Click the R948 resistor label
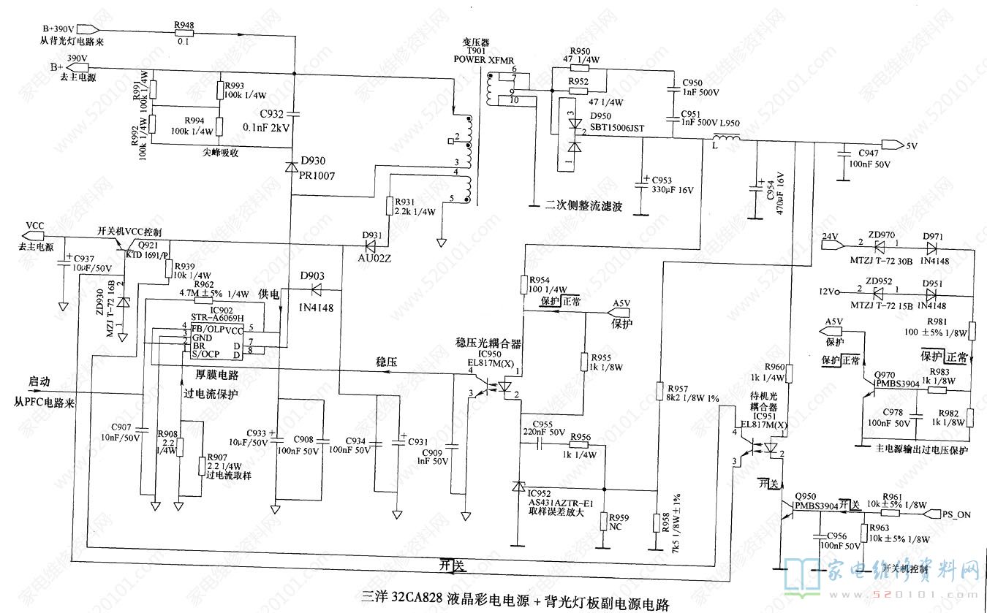[184, 26]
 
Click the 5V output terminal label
[912, 145]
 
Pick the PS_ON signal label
[956, 514]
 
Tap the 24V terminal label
[828, 237]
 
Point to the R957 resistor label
[678, 388]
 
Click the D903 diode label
[312, 275]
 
